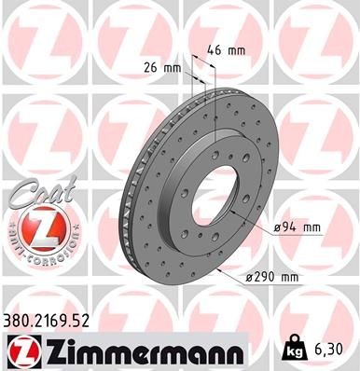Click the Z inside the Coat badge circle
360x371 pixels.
tap(34, 228)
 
